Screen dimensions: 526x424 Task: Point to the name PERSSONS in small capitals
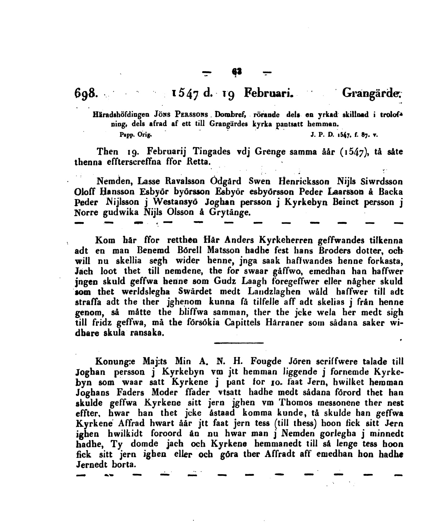click(x=193, y=115)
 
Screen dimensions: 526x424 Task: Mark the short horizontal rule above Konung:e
click(x=239, y=343)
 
